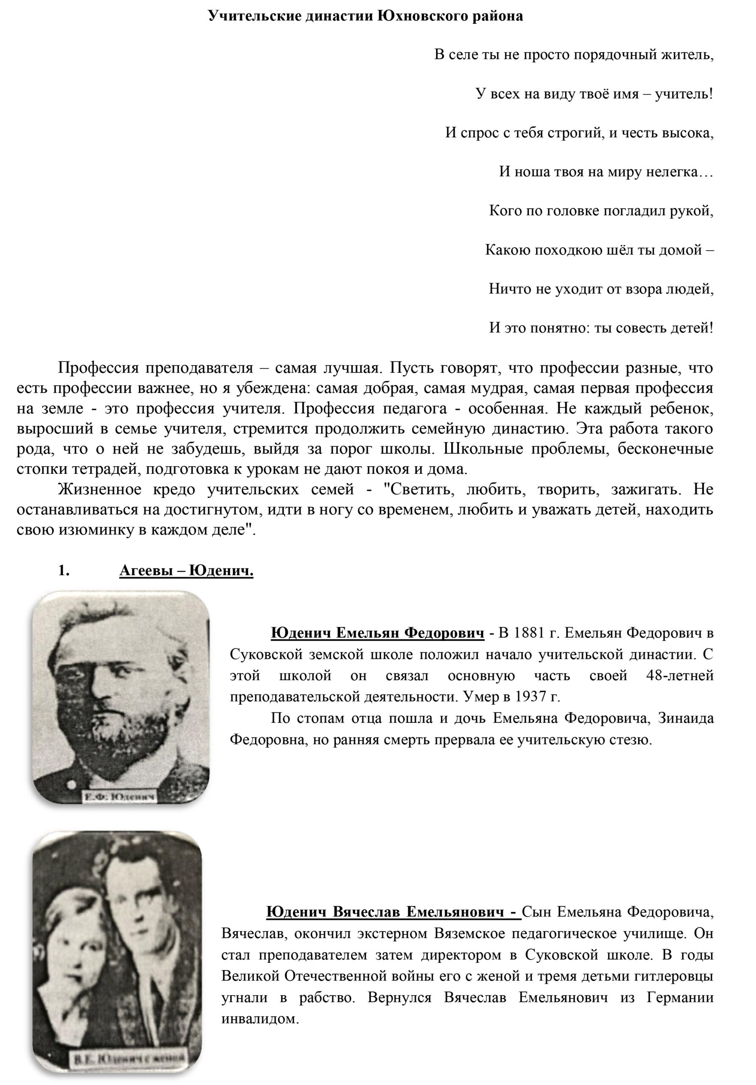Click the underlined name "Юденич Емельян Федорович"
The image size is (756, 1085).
pyautogui.click(x=377, y=633)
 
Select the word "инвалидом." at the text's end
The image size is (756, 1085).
pyautogui.click(x=260, y=1018)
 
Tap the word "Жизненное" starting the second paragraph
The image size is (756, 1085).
pyautogui.click(x=99, y=489)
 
